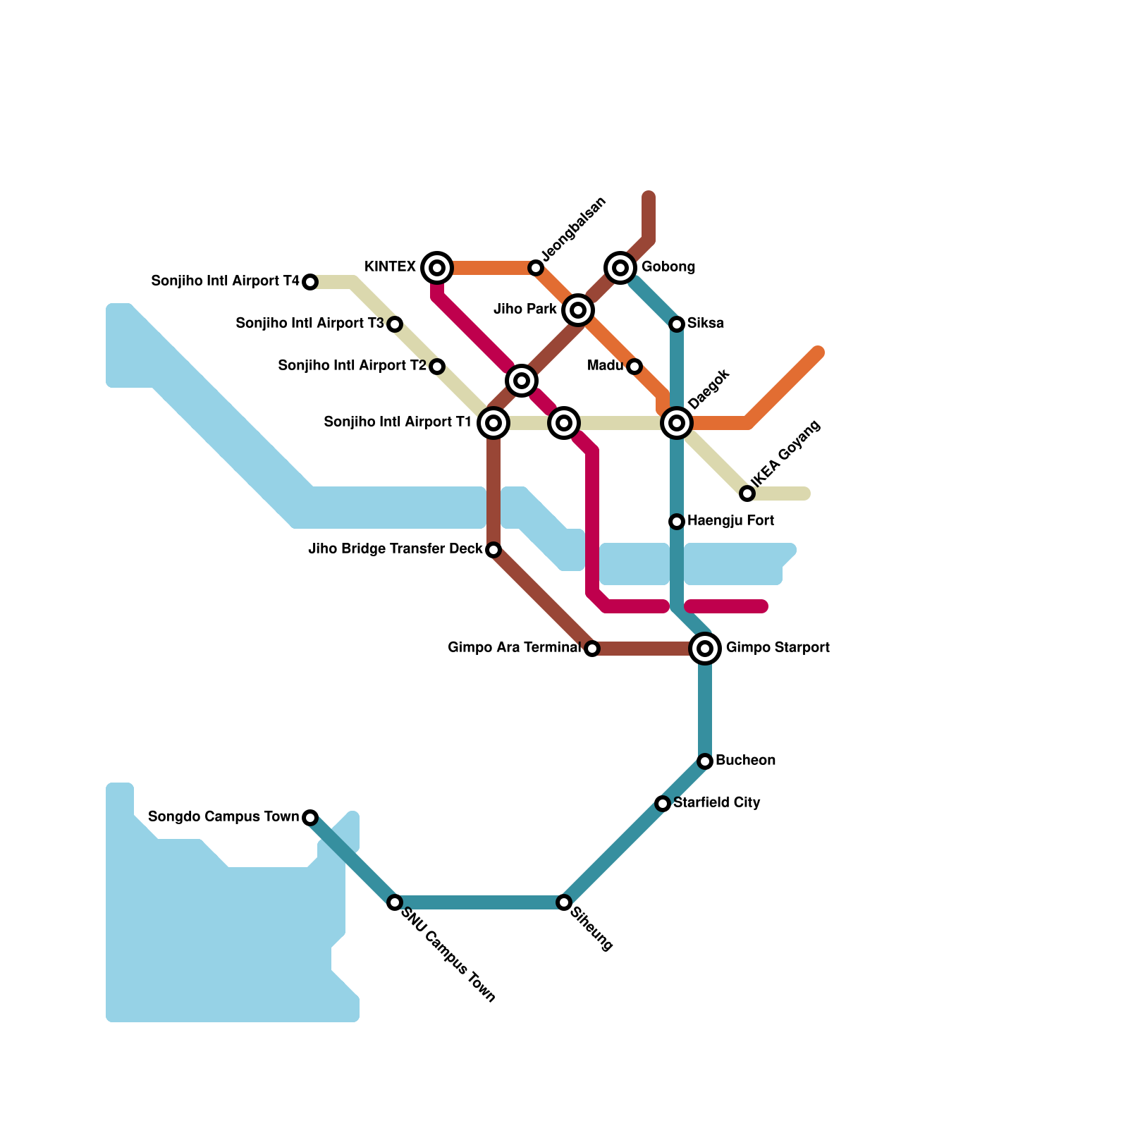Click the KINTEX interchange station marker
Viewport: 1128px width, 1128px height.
coord(437,267)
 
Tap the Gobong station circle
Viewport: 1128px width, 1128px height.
coord(620,267)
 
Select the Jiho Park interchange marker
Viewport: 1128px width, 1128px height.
coord(578,309)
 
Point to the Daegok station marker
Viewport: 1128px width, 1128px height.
coord(677,422)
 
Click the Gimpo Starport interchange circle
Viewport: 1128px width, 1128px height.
coord(705,648)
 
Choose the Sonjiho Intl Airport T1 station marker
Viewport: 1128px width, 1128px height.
coord(493,422)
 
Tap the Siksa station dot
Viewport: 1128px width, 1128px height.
coord(677,324)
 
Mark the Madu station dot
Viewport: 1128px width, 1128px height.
coord(634,366)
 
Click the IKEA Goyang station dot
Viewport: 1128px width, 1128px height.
coord(747,493)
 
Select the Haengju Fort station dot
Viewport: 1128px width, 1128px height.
coord(677,521)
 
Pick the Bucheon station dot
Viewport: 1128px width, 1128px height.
coord(705,761)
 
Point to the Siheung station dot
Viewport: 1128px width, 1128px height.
coord(564,902)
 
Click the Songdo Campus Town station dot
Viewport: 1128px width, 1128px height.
coord(310,817)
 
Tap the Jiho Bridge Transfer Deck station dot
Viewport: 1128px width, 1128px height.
coord(493,549)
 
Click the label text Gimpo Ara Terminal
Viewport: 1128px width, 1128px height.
coord(515,647)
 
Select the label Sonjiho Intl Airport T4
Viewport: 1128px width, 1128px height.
coord(226,281)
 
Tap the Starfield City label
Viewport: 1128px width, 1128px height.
coord(716,802)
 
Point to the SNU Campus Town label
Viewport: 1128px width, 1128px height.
coord(448,953)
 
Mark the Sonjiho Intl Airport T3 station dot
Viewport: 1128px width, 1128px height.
coord(395,324)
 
